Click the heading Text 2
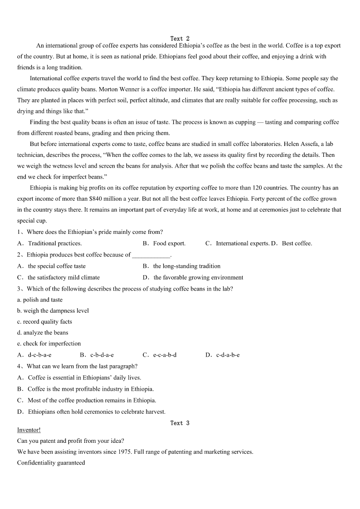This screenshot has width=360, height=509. click(180, 39)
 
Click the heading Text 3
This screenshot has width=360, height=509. click(180, 423)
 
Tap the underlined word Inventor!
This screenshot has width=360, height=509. click(29, 430)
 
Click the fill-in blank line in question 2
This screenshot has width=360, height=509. click(151, 255)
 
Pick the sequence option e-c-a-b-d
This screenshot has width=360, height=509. click(165, 355)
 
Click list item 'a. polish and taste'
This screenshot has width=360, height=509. click(40, 300)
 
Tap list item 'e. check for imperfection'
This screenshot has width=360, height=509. click(49, 344)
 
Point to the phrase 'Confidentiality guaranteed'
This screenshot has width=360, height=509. click(51, 463)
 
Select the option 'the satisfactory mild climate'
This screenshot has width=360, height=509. click(63, 277)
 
